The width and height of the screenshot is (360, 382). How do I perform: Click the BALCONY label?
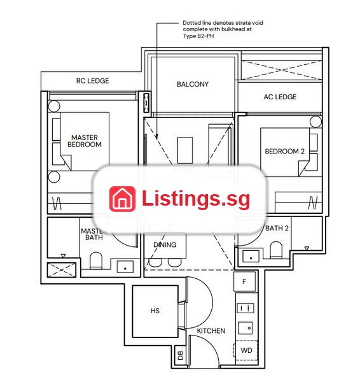(193, 84)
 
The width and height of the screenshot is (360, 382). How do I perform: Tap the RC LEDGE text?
(92, 81)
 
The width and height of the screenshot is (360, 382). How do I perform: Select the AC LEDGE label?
(280, 97)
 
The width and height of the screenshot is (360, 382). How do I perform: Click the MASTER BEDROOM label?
(85, 141)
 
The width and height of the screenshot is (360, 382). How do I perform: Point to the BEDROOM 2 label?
(284, 152)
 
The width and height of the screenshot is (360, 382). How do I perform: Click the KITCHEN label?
(211, 330)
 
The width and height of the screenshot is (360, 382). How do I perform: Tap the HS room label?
(155, 311)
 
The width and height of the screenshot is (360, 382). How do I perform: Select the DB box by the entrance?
(181, 356)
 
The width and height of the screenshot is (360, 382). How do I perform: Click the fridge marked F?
(244, 281)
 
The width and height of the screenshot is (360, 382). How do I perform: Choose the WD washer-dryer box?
(246, 350)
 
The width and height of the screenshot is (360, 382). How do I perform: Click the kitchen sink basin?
(246, 328)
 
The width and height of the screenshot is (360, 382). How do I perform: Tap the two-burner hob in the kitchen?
(246, 308)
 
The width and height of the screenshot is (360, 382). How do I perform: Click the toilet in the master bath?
(96, 260)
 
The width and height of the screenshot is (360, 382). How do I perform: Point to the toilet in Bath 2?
(276, 250)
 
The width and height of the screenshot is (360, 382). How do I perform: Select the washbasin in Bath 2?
(251, 257)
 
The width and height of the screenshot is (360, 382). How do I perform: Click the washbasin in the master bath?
(125, 267)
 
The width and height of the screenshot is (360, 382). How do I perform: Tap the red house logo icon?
(122, 199)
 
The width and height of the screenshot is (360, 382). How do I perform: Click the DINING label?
(165, 244)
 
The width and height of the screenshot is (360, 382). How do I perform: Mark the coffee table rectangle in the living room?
(185, 150)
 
